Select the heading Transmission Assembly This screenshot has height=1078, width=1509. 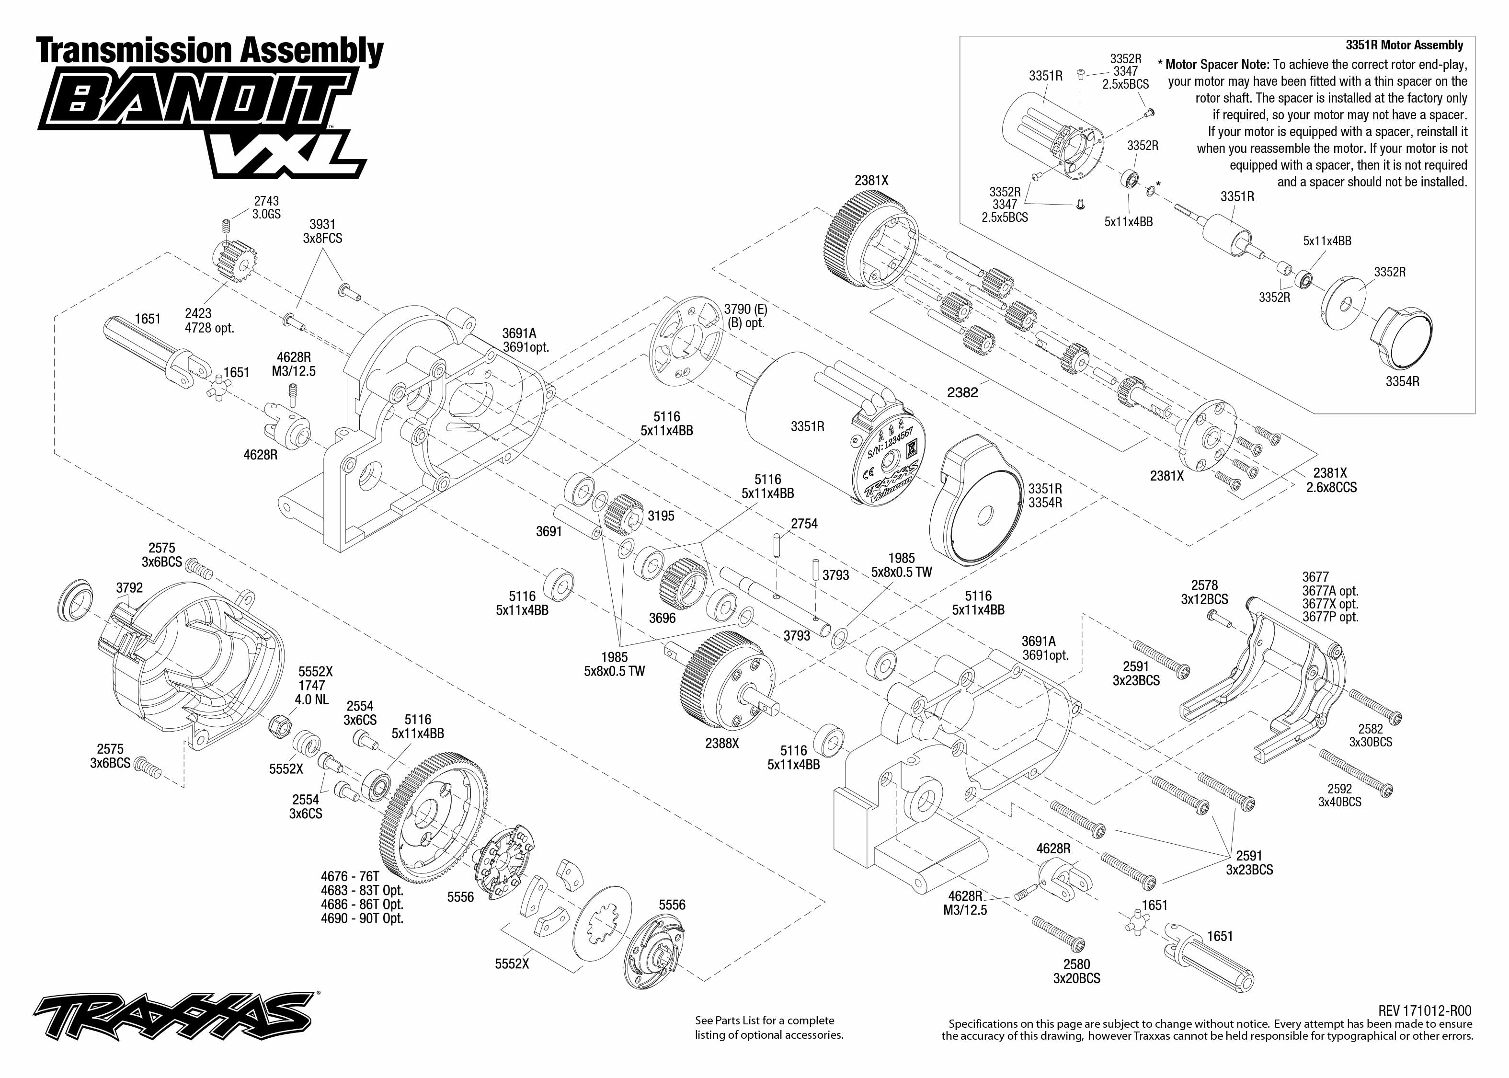pos(210,51)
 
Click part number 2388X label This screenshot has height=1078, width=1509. pos(722,744)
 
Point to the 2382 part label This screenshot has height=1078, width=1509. pos(962,392)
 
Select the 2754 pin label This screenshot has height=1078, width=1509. pos(804,524)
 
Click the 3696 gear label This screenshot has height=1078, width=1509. pos(662,618)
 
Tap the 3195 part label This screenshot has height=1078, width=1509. pos(661,516)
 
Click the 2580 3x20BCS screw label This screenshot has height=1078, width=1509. pos(1076,971)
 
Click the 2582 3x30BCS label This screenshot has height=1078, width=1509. pos(1370,735)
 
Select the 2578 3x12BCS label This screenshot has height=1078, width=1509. pos(1204,592)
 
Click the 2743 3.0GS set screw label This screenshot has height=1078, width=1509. pos(266,207)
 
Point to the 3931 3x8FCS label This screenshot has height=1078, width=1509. pos(322,231)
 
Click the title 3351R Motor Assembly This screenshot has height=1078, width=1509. pos(1404,45)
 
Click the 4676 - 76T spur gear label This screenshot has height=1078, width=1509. pos(350,876)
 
